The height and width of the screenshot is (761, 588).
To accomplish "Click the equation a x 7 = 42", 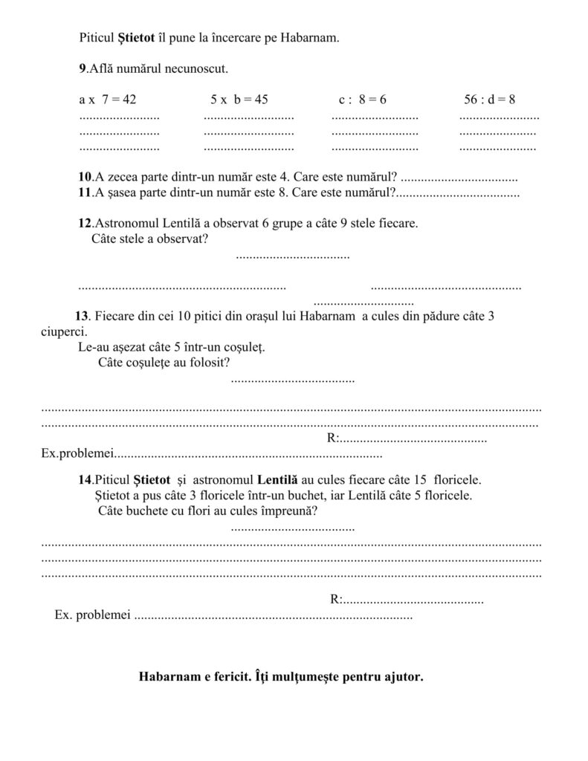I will (107, 99).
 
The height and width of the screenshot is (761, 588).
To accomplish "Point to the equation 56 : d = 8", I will (490, 99).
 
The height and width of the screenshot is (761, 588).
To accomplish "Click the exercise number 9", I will (82, 69).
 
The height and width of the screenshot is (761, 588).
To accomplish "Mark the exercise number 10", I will (85, 178).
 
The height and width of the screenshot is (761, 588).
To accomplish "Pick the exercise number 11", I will (84, 193).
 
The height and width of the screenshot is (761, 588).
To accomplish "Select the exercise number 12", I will (85, 223).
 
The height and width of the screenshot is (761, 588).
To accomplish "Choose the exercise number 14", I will (85, 479).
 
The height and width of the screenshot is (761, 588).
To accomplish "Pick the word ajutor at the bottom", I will (404, 677).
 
